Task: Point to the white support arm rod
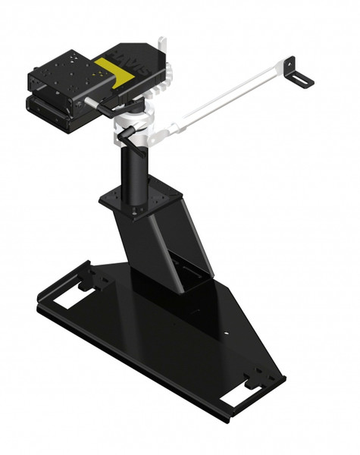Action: click(x=227, y=98)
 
